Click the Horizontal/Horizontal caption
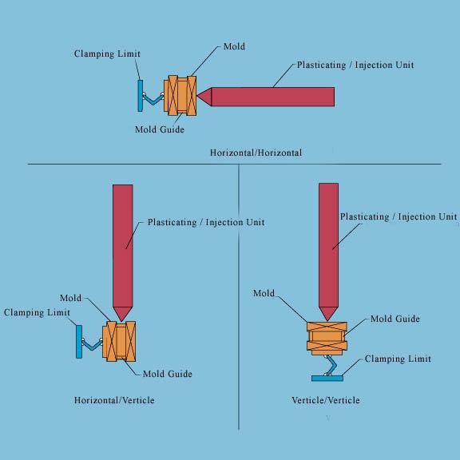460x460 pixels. tap(256, 152)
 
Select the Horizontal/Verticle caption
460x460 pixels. tap(114, 399)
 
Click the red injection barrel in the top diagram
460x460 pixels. tap(272, 97)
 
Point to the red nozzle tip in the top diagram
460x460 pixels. tap(204, 97)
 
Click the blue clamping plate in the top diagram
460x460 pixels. tap(141, 94)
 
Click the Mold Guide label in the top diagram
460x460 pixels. tap(160, 129)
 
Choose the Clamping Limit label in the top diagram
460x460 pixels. tap(107, 54)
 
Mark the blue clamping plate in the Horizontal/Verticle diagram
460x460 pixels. tap(79, 341)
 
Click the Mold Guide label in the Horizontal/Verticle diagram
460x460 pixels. tap(168, 374)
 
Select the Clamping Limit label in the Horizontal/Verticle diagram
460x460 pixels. tap(36, 312)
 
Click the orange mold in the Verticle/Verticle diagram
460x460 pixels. tap(327, 338)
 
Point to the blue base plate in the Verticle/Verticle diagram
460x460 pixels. tap(327, 376)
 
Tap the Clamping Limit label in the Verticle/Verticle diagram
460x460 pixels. tap(398, 359)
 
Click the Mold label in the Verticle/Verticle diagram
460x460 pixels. tap(264, 294)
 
